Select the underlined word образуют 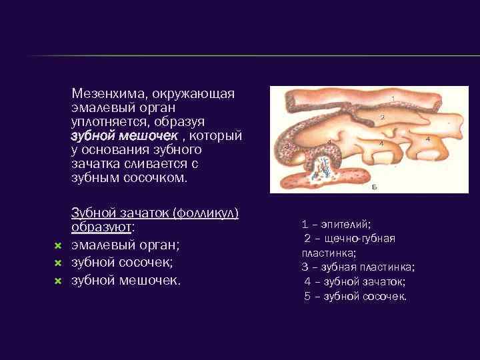(x=101, y=227)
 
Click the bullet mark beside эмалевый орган (x=57, y=246)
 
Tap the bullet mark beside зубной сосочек (x=57, y=263)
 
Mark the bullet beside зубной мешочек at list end (x=57, y=281)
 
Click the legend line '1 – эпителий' (x=336, y=225)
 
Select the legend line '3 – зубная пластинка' (x=357, y=267)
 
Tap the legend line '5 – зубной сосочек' (x=355, y=297)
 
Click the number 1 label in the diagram (x=393, y=99)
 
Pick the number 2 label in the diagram (x=382, y=117)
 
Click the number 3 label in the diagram (x=287, y=145)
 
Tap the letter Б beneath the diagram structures (x=374, y=188)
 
